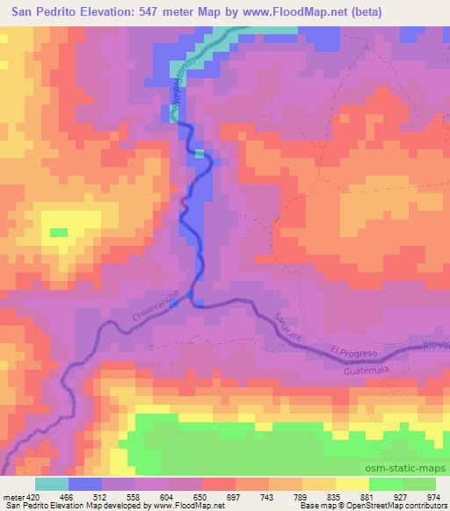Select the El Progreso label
[353, 352]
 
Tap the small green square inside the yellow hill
[59, 233]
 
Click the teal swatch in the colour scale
[51, 484]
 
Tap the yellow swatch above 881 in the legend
[352, 484]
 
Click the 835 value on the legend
[335, 497]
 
